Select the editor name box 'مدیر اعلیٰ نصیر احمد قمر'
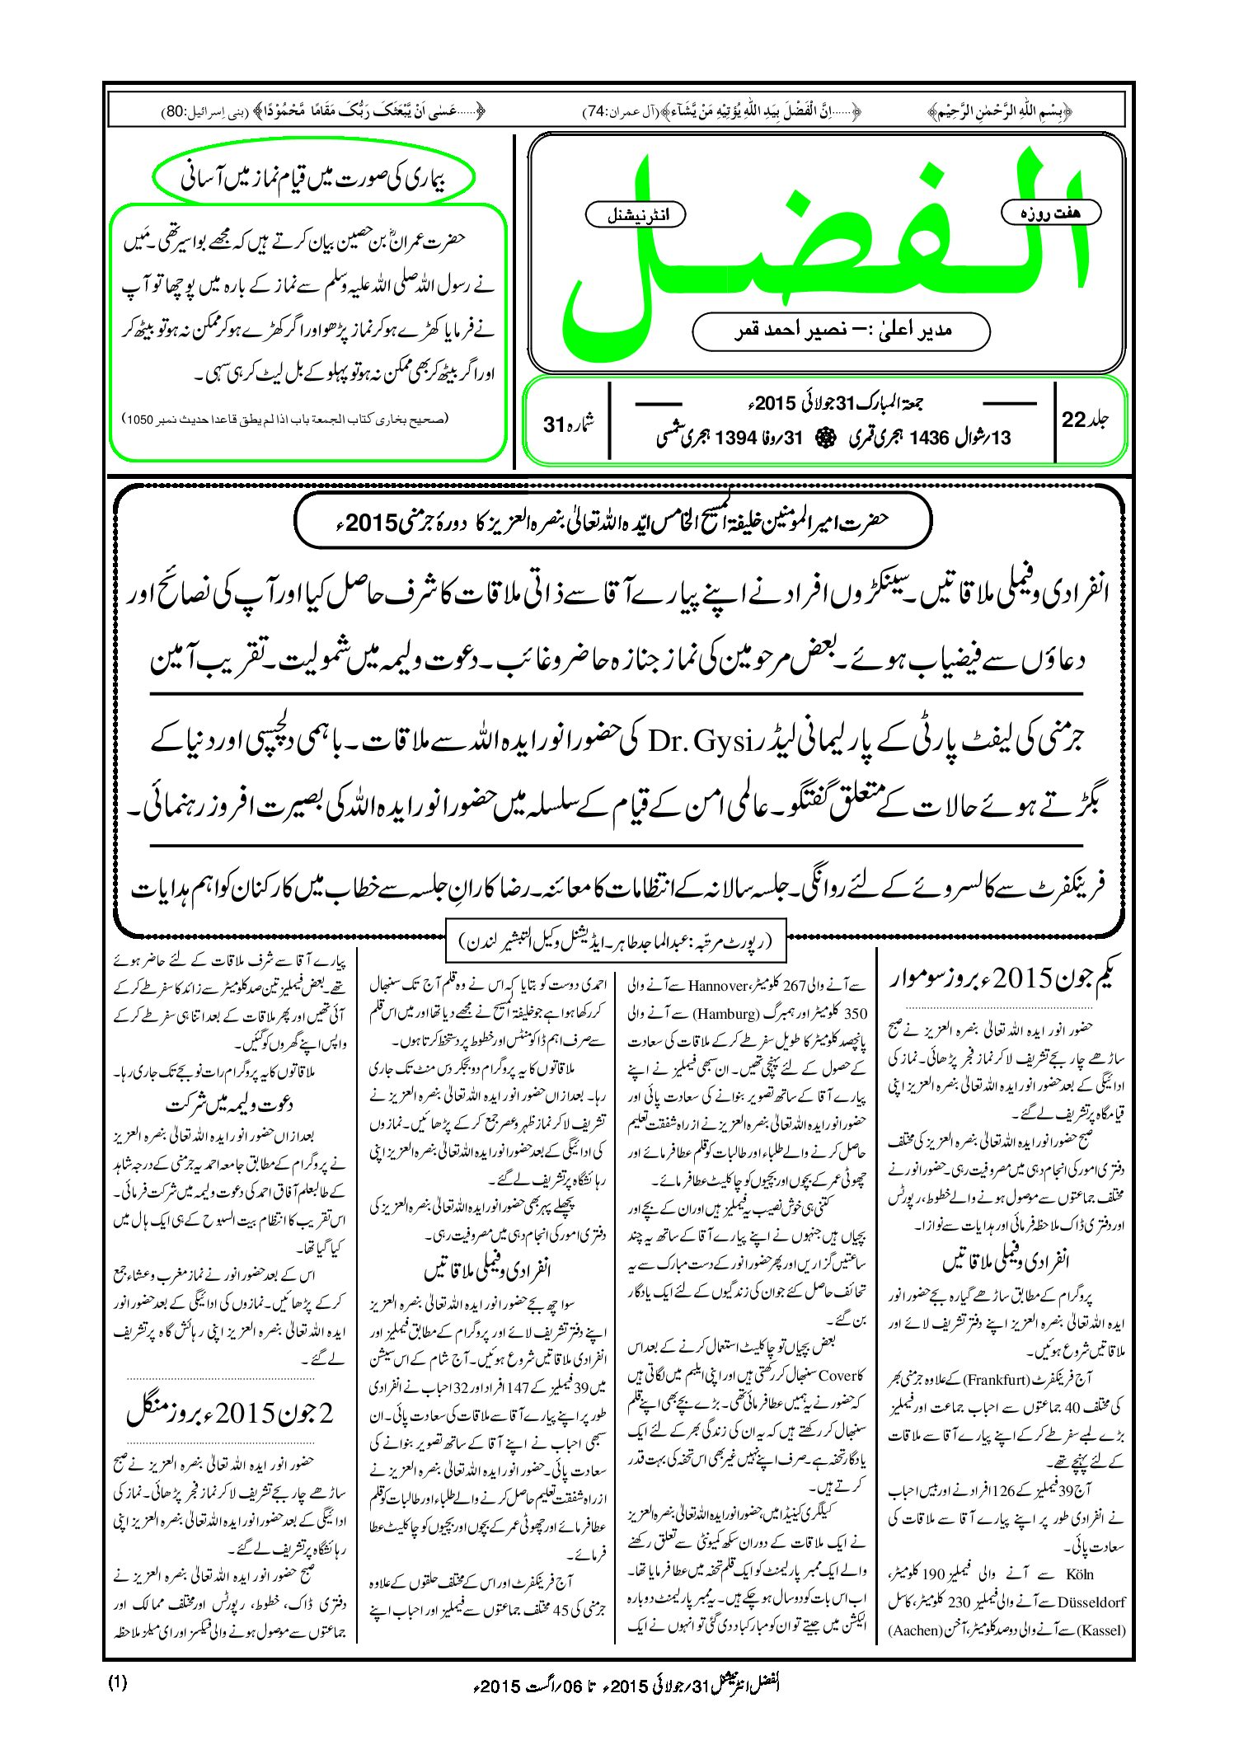(841, 331)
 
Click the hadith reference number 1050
(141, 419)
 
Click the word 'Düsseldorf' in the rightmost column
(1091, 1602)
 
